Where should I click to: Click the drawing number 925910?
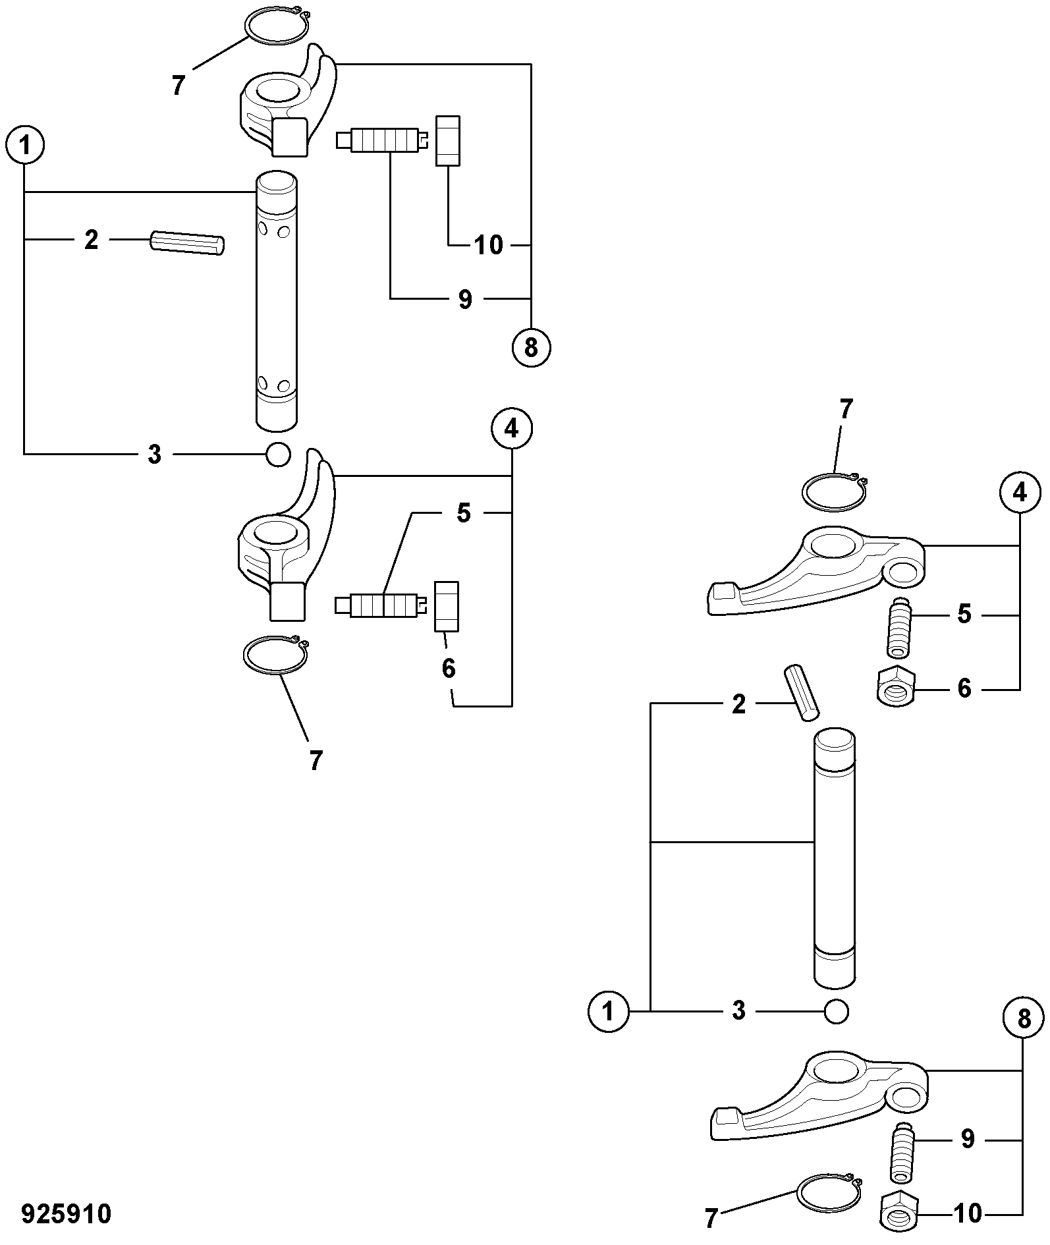tap(67, 1213)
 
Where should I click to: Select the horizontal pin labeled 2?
tap(188, 242)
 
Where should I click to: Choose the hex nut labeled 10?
tap(898, 1211)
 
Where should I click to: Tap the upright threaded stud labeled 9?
tap(901, 1152)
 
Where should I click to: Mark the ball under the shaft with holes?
tap(277, 454)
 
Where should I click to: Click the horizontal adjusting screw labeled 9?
tap(382, 140)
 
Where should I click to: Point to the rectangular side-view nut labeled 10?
tap(448, 140)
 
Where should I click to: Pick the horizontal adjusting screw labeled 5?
tap(381, 605)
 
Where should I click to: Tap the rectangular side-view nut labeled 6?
tap(446, 607)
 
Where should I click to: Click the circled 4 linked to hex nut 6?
tap(1020, 493)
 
